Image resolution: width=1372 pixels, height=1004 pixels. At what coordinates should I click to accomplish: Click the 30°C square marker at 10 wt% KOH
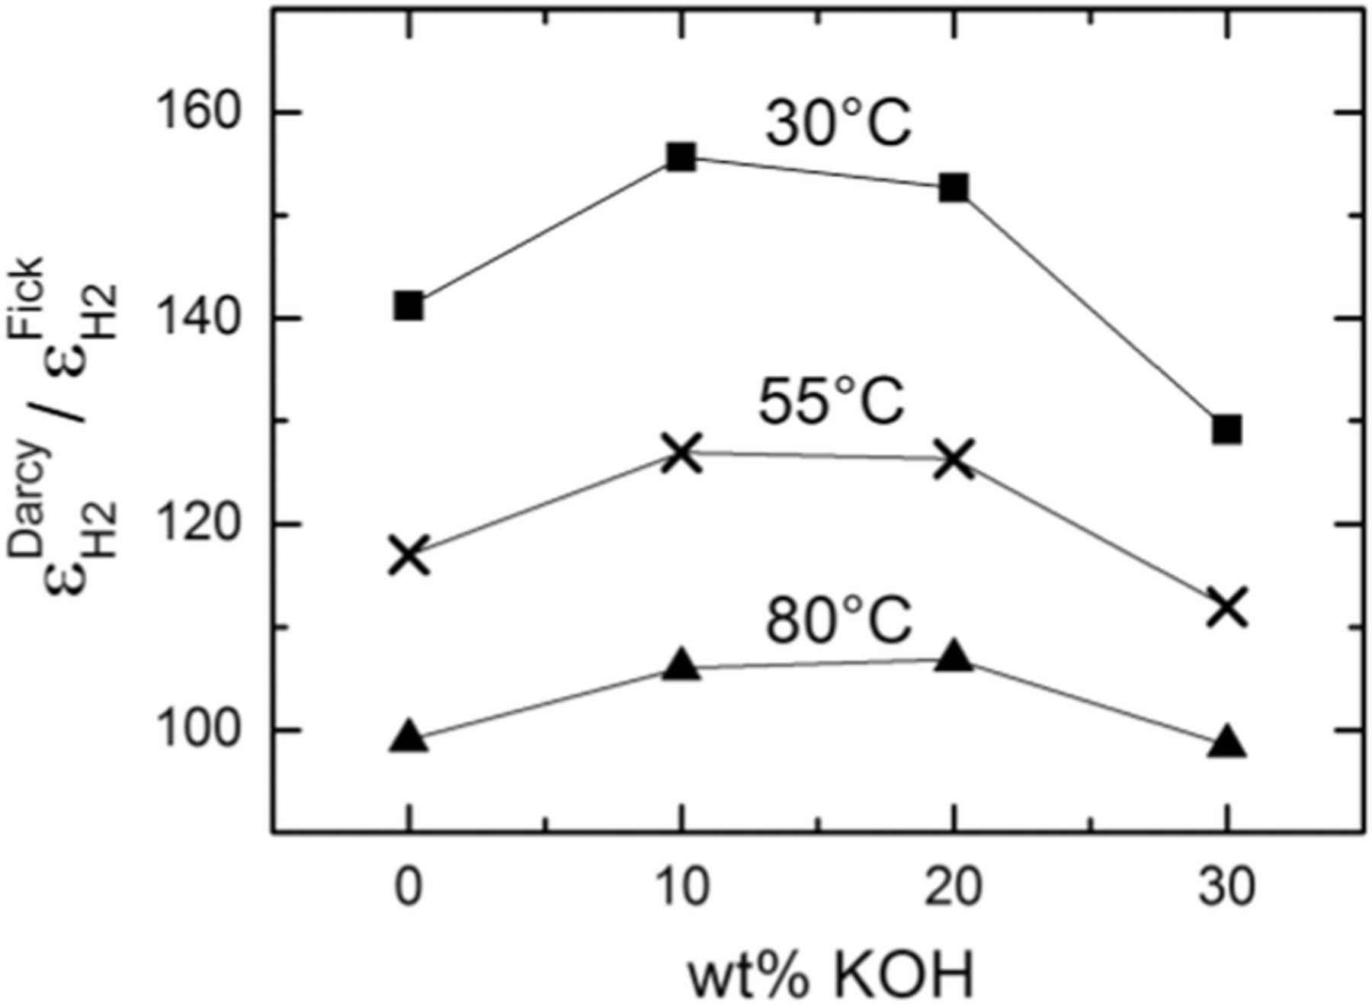coord(681,157)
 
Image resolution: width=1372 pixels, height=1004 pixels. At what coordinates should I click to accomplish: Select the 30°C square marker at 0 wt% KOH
coord(409,306)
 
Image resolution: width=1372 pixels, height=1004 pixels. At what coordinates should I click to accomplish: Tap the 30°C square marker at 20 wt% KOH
coord(954,187)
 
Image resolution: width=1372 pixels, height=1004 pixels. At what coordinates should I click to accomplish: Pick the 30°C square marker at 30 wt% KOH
coord(1227,429)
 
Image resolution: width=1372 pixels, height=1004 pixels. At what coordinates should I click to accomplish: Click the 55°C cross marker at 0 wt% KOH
coord(409,555)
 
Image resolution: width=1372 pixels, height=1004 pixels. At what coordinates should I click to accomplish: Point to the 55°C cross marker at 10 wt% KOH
coord(681,453)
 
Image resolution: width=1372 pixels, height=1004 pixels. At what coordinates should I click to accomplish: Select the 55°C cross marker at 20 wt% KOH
coord(954,459)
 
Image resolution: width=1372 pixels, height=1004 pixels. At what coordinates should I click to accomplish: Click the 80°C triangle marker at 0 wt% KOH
coord(409,736)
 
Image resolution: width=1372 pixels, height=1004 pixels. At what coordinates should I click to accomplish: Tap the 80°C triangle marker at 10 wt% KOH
coord(681,665)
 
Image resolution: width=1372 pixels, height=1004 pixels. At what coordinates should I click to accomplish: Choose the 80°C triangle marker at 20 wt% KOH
coord(954,656)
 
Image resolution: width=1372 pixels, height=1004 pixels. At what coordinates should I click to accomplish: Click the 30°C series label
coord(838,123)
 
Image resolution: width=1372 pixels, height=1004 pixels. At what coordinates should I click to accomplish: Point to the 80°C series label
coord(838,621)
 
